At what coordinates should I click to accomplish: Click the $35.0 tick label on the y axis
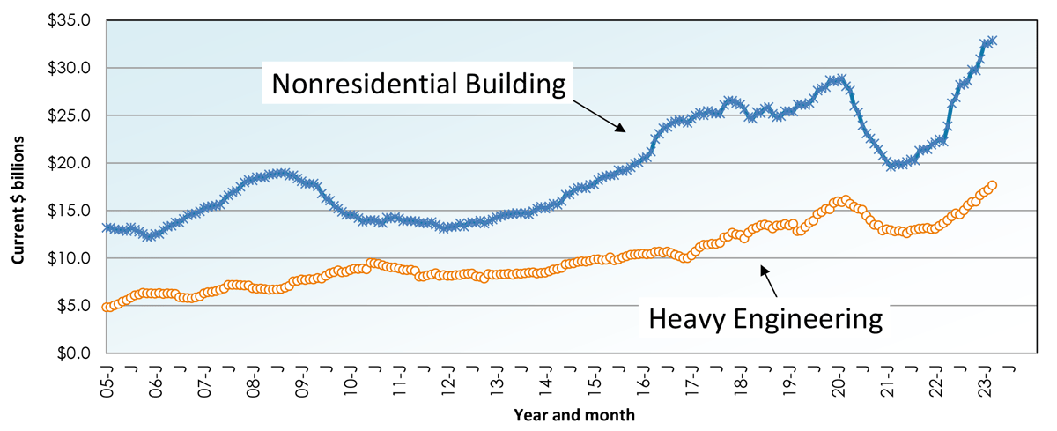(x=69, y=20)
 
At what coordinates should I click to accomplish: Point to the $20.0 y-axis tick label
(x=69, y=163)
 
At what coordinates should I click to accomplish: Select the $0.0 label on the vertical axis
(x=72, y=353)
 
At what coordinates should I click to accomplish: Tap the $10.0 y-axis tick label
(x=69, y=258)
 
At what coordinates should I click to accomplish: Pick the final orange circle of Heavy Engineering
(x=992, y=185)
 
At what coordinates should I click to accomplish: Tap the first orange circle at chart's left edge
(x=106, y=308)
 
